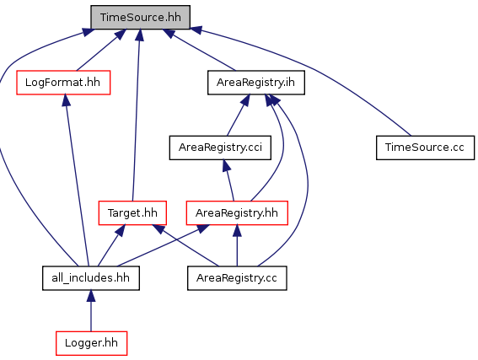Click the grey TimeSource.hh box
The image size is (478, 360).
coord(141,18)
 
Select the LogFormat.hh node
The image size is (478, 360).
coord(63,83)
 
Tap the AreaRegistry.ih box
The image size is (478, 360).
coord(256,83)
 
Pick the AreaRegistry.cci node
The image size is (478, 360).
coord(220,148)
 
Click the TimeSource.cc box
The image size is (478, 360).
coord(425,148)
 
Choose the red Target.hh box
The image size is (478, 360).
coord(132,212)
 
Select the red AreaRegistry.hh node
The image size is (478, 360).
coord(237,212)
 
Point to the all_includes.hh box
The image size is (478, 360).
coord(91,278)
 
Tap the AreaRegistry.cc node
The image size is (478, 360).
coord(237,278)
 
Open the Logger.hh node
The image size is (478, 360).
coord(91,343)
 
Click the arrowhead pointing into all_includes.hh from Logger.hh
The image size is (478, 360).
coord(91,296)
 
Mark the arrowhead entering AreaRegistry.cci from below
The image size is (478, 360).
coord(226,165)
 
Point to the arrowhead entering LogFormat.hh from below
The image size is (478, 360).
coord(66,100)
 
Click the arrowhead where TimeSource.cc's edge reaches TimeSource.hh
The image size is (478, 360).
coord(196,30)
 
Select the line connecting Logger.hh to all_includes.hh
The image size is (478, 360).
coord(91,316)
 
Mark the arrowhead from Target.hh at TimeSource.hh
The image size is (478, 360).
coord(140,35)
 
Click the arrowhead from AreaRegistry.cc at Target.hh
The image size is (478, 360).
coord(158,229)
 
